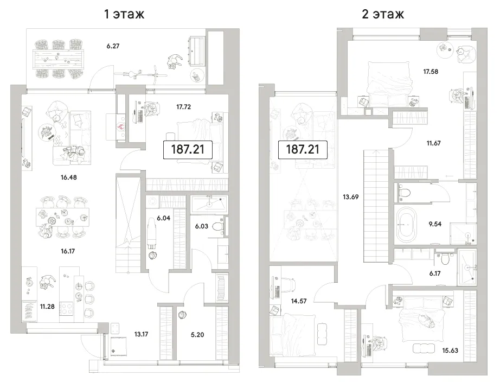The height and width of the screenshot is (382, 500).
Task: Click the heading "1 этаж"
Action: pyautogui.click(x=124, y=14)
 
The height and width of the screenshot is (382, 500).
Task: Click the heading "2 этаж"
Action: pyautogui.click(x=383, y=14)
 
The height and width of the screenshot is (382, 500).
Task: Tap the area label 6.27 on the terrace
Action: pyautogui.click(x=113, y=46)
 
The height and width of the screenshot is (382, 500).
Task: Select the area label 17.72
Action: pyautogui.click(x=184, y=107)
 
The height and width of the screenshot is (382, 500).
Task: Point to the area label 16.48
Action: pyautogui.click(x=68, y=177)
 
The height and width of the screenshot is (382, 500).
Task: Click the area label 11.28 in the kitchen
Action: pyautogui.click(x=47, y=307)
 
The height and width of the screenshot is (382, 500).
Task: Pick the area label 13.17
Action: pyautogui.click(x=141, y=334)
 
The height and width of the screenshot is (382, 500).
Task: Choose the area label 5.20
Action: pyautogui.click(x=197, y=335)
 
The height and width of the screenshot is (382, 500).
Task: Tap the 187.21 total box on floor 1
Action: pyautogui.click(x=188, y=149)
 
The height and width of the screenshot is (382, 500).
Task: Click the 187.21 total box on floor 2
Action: pyautogui.click(x=303, y=149)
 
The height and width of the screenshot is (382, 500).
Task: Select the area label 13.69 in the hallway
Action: pyautogui.click(x=350, y=197)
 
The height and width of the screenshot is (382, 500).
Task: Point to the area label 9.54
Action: pyautogui.click(x=435, y=224)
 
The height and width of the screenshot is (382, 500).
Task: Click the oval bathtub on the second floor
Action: pyautogui.click(x=407, y=224)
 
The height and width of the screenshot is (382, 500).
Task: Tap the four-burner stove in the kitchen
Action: pyautogui.click(x=66, y=308)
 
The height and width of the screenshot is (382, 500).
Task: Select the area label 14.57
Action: pyautogui.click(x=299, y=301)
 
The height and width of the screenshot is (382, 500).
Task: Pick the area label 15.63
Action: pyautogui.click(x=450, y=351)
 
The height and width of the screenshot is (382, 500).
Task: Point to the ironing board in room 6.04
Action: pyautogui.click(x=151, y=233)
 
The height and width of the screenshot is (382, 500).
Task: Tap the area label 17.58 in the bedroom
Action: pyautogui.click(x=431, y=72)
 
